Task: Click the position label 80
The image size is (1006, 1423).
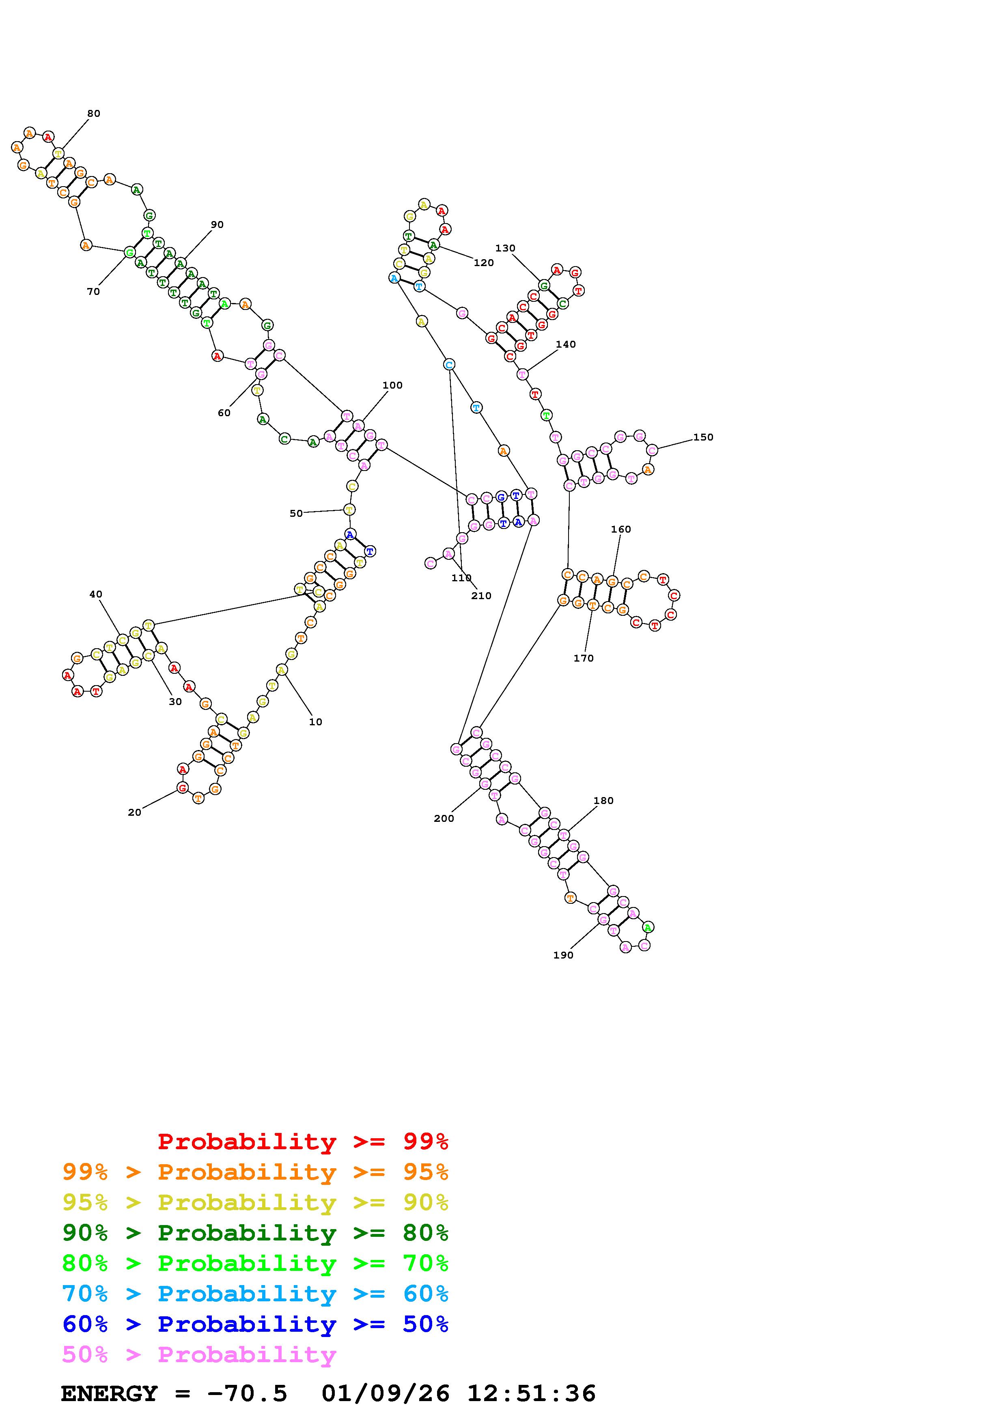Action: tap(94, 114)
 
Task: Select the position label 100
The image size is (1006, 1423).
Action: tap(392, 385)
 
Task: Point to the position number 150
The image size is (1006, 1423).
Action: tap(703, 437)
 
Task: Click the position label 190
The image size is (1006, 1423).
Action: tap(563, 955)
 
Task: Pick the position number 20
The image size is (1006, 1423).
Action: tap(134, 813)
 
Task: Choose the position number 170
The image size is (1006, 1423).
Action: tap(583, 658)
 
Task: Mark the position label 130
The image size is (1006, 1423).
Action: tap(505, 248)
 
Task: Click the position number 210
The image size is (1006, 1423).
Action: tap(481, 595)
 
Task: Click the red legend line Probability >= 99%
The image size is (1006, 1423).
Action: tap(302, 1141)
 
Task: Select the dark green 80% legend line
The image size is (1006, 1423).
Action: tap(255, 1233)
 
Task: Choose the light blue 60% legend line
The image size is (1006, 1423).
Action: tap(255, 1294)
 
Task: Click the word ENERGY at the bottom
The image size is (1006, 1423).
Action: tap(109, 1393)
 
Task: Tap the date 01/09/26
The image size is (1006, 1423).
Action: tap(386, 1393)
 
